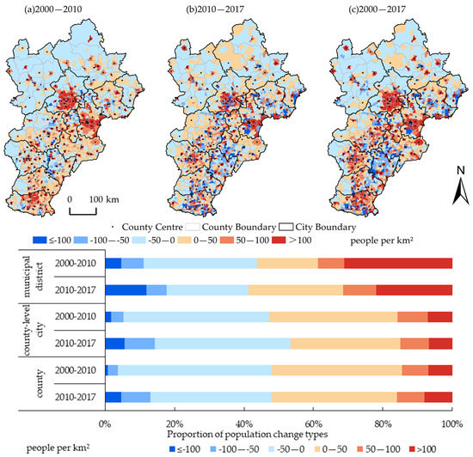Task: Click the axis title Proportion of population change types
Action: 277,435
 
